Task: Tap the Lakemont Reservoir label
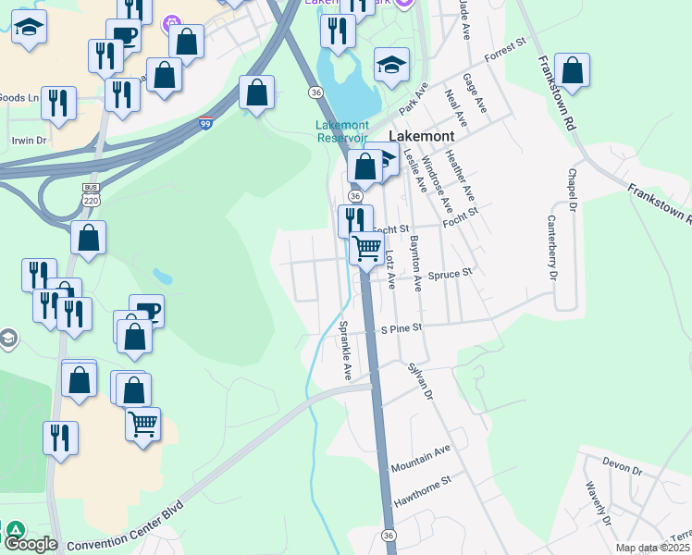click(342, 131)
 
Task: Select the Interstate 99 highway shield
click(205, 121)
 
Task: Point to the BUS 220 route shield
click(90, 194)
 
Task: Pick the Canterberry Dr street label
click(552, 247)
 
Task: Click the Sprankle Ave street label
click(345, 351)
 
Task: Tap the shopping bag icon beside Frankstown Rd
click(573, 71)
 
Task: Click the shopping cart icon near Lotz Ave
click(367, 248)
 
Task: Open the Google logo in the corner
click(30, 544)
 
